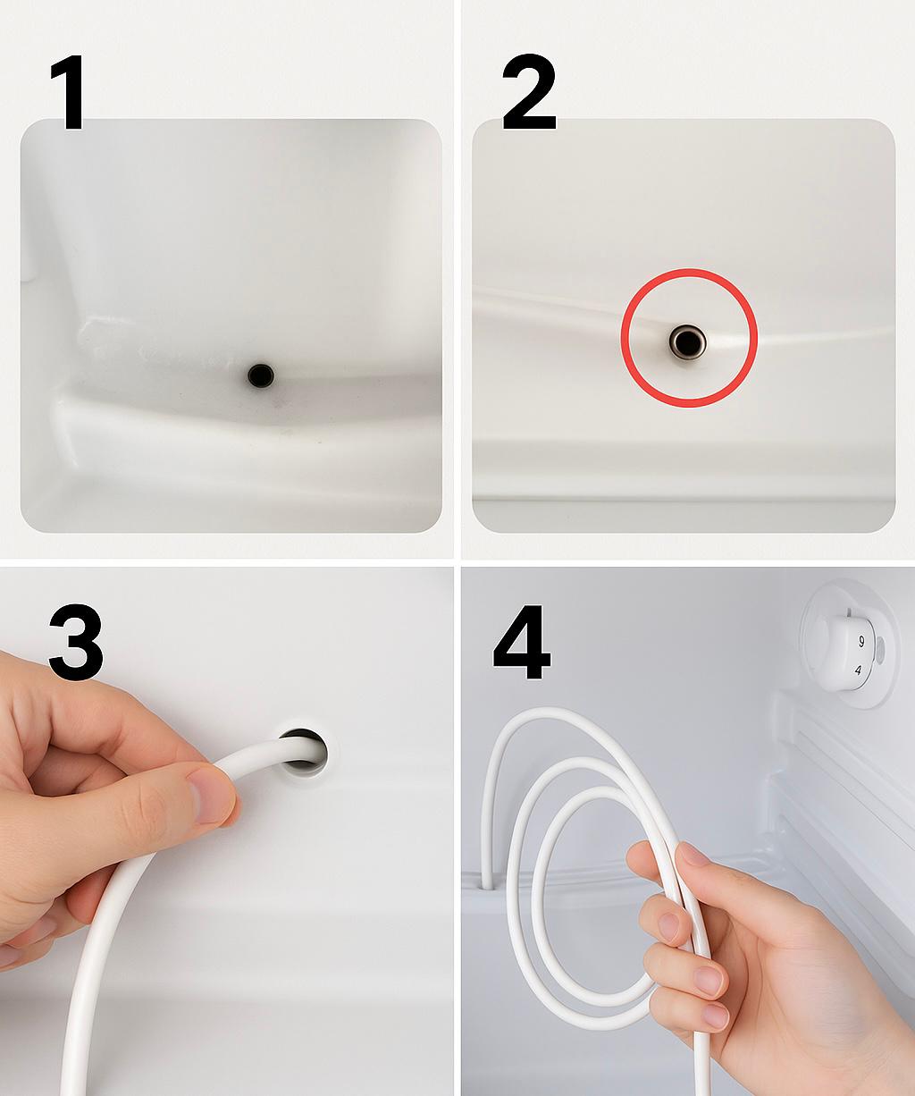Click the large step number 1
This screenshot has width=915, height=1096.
point(68,93)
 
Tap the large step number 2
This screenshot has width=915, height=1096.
point(529,93)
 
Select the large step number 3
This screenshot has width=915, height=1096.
point(75,642)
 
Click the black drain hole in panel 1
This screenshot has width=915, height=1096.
point(260,375)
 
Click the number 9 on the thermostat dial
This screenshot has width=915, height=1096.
point(860,641)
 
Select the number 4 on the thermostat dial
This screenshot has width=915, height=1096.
point(858,669)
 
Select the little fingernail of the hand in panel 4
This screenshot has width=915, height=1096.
point(715,1016)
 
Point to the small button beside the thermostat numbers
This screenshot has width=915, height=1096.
point(879,650)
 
